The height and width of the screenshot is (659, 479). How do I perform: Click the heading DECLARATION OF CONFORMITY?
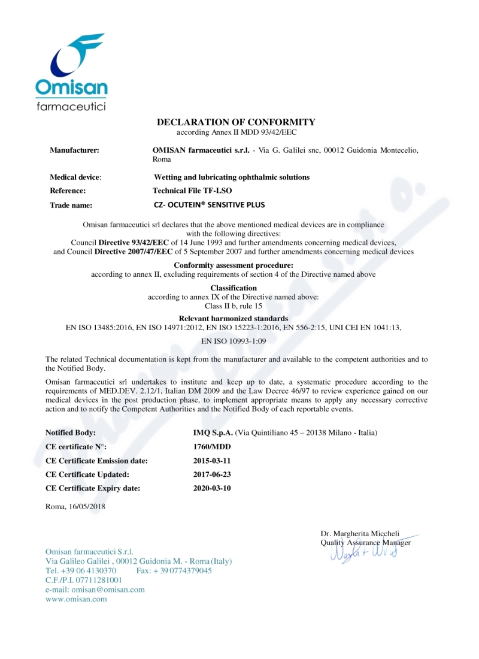pos(236,122)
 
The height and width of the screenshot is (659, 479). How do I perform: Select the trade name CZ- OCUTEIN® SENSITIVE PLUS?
pos(209,205)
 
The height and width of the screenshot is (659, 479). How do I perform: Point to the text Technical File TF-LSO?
pos(192,191)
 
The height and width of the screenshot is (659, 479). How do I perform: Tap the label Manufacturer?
pos(74,150)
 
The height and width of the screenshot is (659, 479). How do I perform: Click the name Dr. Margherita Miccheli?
pos(360,534)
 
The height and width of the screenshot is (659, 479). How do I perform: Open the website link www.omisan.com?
pos(76,599)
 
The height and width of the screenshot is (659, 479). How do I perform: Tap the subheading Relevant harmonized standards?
pos(234,318)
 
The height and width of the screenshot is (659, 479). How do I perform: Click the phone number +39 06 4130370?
pos(88,571)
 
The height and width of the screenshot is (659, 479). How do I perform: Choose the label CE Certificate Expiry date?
pos(93,488)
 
